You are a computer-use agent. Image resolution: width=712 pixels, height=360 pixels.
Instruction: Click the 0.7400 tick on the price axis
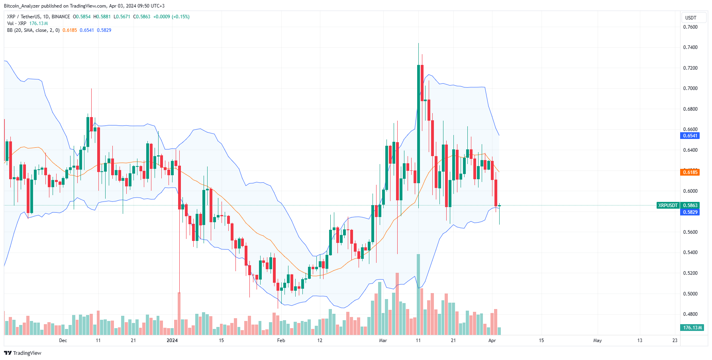690,47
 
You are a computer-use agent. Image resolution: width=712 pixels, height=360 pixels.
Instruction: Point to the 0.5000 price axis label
690,294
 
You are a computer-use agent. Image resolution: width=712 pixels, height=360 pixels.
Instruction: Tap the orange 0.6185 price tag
690,172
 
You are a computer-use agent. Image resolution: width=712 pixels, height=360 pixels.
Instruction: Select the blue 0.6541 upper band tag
690,136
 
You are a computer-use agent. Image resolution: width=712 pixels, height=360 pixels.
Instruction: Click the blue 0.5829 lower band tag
690,212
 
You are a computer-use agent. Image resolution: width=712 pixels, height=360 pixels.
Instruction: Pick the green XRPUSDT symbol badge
668,205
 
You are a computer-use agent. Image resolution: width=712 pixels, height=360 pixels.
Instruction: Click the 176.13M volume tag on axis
692,328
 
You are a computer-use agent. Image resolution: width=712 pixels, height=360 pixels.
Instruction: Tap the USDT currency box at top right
690,18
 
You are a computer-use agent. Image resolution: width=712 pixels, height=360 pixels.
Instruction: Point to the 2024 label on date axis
172,340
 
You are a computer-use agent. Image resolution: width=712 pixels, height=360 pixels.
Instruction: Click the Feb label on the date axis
281,340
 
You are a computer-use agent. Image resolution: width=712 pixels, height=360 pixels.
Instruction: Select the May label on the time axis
597,340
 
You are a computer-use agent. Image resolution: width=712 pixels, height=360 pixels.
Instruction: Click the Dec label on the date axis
63,340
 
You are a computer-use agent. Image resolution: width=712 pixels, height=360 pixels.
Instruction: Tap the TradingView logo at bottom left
23,353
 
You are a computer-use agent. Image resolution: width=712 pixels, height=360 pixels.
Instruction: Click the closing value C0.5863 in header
142,17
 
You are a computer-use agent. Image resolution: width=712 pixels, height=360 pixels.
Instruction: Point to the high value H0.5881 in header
102,17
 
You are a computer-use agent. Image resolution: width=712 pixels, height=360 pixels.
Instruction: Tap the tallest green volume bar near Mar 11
418,295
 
